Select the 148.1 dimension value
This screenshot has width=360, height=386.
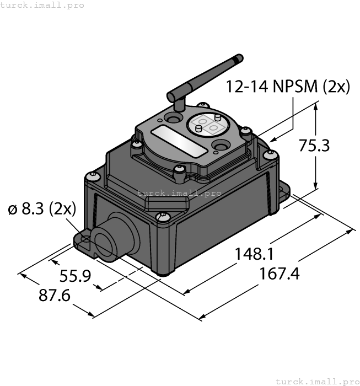(x=255, y=254)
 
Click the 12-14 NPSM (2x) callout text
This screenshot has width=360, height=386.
(x=288, y=87)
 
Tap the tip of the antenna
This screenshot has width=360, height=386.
(x=239, y=57)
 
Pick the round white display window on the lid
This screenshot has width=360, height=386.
(x=210, y=125)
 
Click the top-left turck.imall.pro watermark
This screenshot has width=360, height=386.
(x=42, y=5)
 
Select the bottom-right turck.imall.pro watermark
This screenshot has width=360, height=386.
(x=317, y=381)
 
